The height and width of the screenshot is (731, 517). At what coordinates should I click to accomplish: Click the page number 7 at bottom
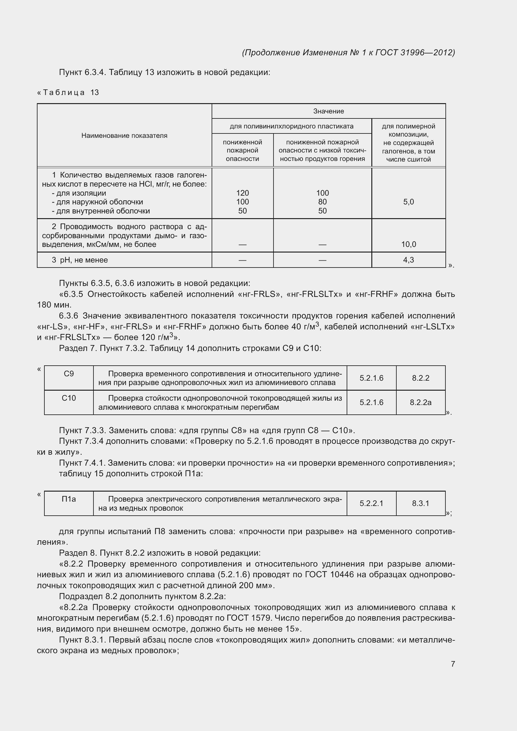453,664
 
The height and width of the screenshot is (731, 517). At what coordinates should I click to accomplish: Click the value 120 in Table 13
242,193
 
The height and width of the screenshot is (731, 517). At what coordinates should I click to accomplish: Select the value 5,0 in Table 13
409,202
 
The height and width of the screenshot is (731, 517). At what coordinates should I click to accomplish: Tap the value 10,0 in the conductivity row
409,244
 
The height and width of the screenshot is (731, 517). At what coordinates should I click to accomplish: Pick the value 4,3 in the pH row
409,260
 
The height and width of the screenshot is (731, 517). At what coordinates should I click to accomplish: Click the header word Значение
329,111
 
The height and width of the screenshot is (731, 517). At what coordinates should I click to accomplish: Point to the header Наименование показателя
124,136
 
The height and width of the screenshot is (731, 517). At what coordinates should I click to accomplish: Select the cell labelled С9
69,374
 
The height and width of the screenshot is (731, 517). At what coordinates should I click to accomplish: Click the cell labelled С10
69,398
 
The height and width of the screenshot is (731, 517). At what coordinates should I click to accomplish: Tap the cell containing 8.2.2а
420,403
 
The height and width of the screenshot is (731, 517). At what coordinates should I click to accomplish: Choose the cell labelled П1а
69,499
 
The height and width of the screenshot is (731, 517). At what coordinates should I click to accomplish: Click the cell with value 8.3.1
420,503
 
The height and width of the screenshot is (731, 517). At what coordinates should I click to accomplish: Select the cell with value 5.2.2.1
371,503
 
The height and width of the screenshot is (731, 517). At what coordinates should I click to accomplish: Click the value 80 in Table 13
322,202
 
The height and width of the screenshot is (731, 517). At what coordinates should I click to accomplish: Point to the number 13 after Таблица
94,93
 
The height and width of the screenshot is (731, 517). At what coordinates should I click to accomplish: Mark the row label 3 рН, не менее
80,260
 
